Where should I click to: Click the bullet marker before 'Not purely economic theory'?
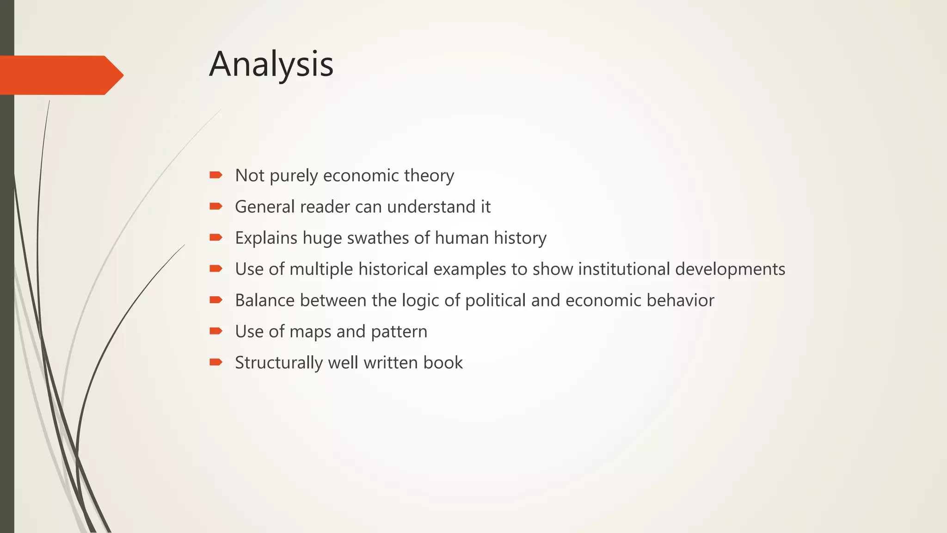pos(215,175)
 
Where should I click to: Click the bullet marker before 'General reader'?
pos(215,206)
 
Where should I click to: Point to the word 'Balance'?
pos(264,300)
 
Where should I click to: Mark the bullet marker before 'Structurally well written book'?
pos(215,362)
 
